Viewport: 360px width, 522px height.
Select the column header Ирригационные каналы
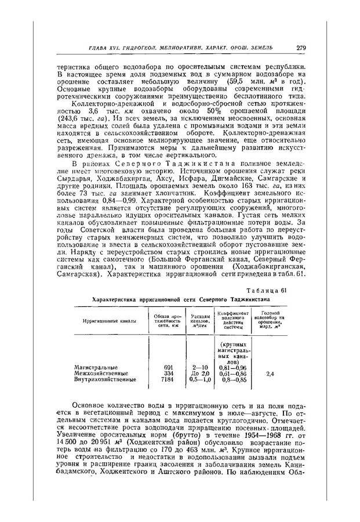point(110,320)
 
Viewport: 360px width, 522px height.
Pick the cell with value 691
point(169,367)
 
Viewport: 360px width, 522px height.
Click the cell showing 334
point(169,374)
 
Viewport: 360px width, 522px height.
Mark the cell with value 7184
point(168,380)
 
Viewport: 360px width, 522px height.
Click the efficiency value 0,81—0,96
point(233,367)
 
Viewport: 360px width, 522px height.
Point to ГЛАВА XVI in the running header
point(103,48)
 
